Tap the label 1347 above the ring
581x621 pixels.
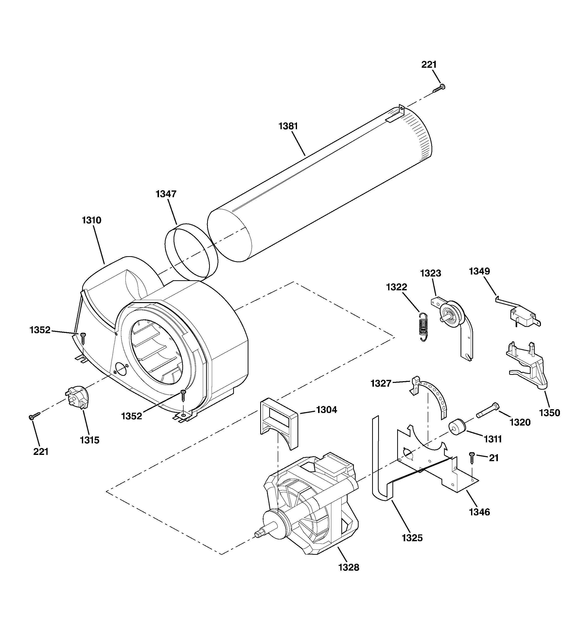[x=166, y=194]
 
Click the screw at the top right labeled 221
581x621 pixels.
[x=439, y=88]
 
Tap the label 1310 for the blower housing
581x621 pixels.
[x=91, y=220]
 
